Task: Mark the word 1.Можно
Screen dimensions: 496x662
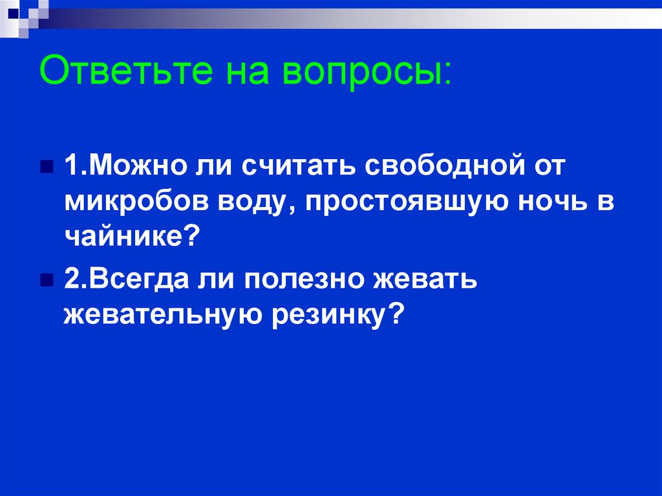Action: (x=123, y=166)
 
